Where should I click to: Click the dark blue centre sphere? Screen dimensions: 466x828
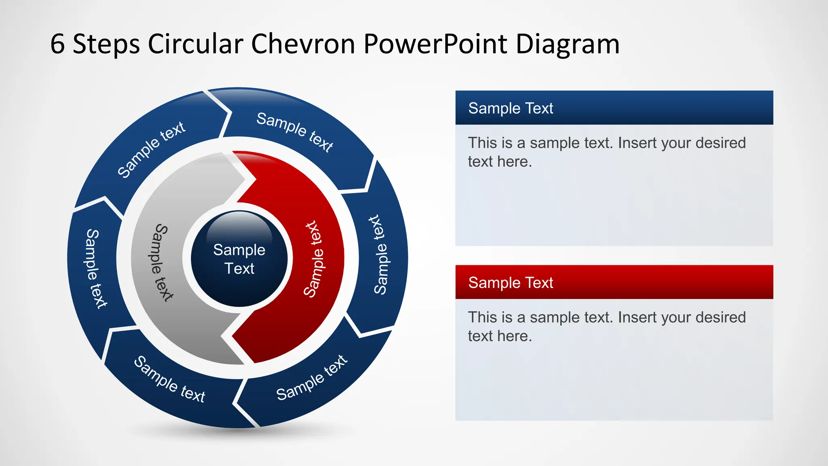pos(239,259)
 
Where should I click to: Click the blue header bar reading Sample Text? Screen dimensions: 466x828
pos(614,108)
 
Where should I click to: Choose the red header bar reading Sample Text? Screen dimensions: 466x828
pos(614,282)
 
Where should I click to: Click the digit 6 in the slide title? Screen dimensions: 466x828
pos(57,44)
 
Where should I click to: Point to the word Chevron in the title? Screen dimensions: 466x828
pos(303,44)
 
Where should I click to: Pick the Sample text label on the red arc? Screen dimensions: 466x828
pos(314,259)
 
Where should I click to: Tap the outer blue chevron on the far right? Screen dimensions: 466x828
pos(380,255)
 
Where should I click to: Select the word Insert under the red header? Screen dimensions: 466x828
pos(637,317)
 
